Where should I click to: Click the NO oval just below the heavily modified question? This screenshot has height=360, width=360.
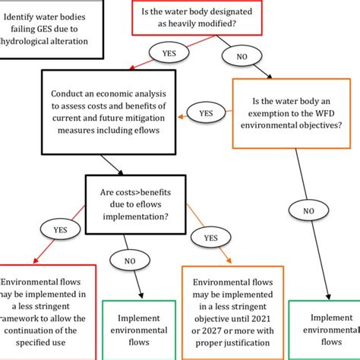click(242, 55)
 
